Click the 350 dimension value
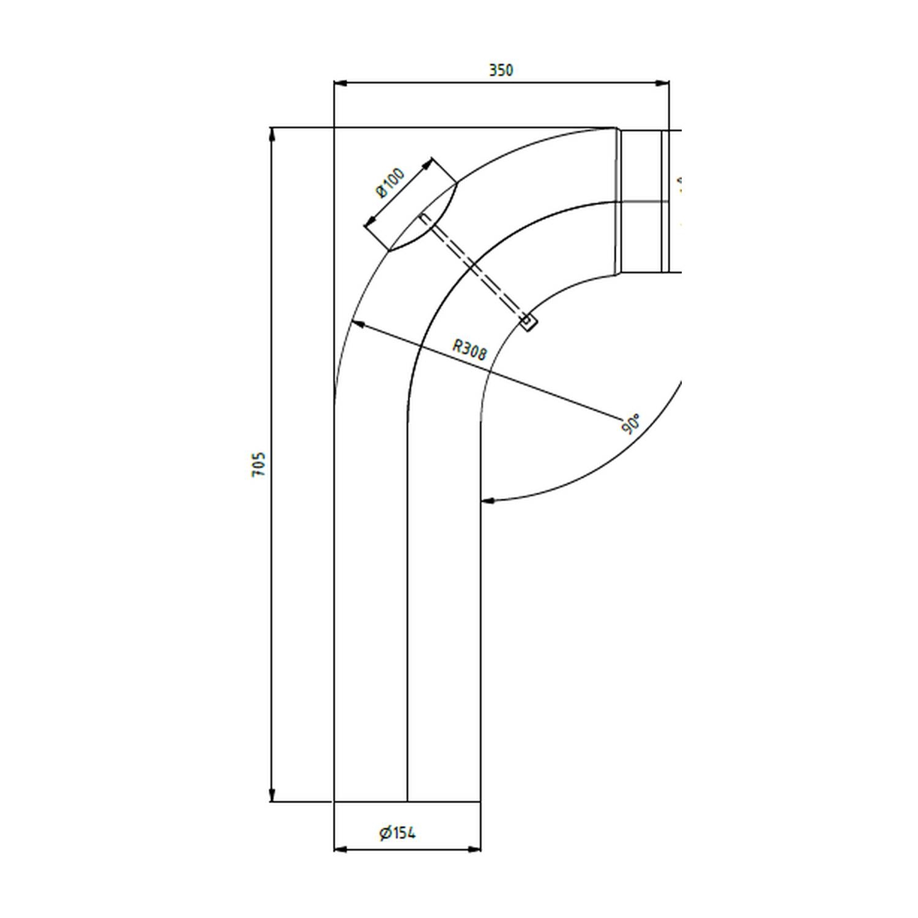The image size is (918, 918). pyautogui.click(x=501, y=70)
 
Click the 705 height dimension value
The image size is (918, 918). pyautogui.click(x=259, y=465)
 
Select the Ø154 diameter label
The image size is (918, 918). pyautogui.click(x=397, y=833)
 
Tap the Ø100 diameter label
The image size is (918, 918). pyautogui.click(x=390, y=182)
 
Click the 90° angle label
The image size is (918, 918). pyautogui.click(x=632, y=424)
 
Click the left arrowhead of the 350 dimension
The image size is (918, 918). pyautogui.click(x=340, y=83)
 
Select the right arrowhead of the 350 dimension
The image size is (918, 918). pyautogui.click(x=662, y=83)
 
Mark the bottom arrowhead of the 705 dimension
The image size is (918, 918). pyautogui.click(x=272, y=794)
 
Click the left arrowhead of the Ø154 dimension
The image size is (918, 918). pyautogui.click(x=340, y=849)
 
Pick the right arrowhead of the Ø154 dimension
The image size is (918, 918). pyautogui.click(x=474, y=849)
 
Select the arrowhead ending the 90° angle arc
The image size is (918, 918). pyautogui.click(x=487, y=501)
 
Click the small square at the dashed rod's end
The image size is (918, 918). pyautogui.click(x=528, y=321)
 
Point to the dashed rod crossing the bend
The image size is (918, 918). pyautogui.click(x=474, y=268)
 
